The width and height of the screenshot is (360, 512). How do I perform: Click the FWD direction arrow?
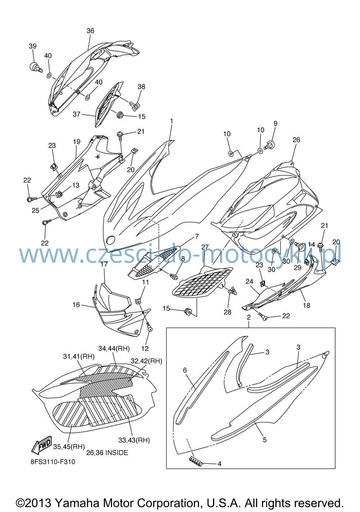tap(42, 446)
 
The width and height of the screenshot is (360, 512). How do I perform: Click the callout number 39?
tap(33, 46)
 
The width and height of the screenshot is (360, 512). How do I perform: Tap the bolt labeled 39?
tap(36, 67)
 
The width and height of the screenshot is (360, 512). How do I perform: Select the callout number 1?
tap(171, 121)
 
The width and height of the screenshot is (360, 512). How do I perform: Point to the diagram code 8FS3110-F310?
tap(53, 462)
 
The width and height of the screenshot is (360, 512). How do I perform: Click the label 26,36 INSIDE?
tap(107, 453)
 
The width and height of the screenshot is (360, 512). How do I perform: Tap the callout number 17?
tap(104, 264)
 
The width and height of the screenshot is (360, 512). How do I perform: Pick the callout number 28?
tap(228, 312)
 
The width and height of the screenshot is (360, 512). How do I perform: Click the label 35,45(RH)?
tap(69, 447)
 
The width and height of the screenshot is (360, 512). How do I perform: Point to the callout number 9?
tap(275, 123)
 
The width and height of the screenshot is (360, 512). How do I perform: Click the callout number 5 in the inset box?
tap(265, 440)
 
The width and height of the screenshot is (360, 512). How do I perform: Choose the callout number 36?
tap(90, 31)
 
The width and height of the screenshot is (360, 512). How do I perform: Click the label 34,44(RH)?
tap(114, 349)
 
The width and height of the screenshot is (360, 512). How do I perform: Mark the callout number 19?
tap(77, 142)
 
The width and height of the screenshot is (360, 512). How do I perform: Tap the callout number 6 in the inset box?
tap(185, 370)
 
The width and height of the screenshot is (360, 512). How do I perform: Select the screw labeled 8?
tap(174, 277)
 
